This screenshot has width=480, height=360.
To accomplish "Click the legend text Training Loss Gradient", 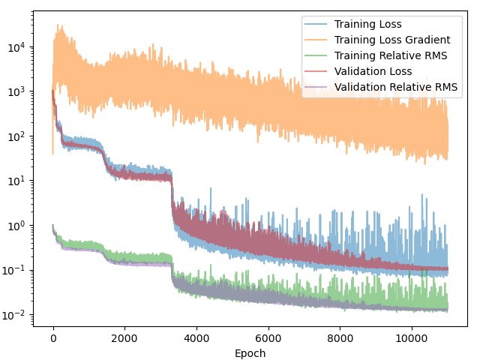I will point(392,40).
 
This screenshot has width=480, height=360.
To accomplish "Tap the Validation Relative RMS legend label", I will point(396,87).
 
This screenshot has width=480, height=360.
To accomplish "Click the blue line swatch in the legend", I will point(317,25).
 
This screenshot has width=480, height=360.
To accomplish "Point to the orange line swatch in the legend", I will point(317,40).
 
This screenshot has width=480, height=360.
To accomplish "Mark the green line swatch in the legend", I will point(317,56).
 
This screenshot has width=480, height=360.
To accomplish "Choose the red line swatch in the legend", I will point(317,72).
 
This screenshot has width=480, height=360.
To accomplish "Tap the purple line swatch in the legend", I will point(317,88).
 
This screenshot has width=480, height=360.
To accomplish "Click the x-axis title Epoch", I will point(250,353).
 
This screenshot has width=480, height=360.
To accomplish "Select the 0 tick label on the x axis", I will point(53,338).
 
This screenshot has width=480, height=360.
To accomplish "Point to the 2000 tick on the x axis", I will point(124,338).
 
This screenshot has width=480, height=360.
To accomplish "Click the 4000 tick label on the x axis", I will point(196,338).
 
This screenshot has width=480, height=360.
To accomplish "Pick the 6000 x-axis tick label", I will point(268,338).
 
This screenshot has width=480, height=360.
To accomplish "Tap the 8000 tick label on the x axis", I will point(340,338).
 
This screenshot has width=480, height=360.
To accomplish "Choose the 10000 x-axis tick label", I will point(411,338).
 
